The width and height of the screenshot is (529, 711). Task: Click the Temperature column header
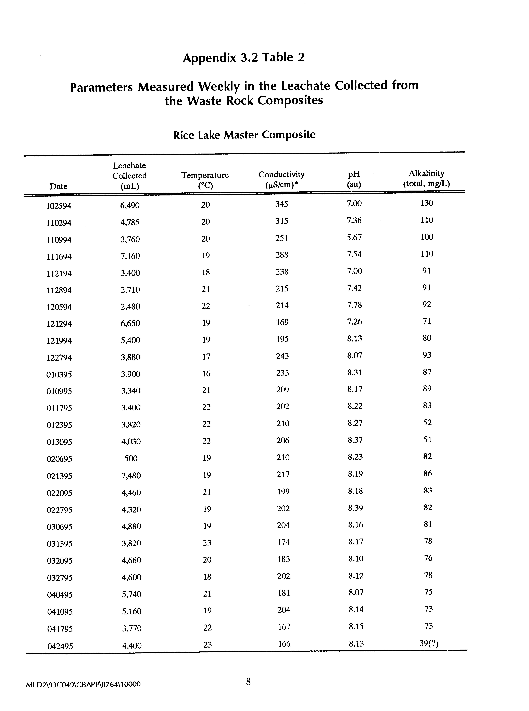tap(205, 180)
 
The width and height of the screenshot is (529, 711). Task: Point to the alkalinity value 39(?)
tap(428, 643)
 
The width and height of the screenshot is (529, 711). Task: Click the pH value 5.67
tap(354, 238)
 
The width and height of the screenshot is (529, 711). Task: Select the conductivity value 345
tap(281, 204)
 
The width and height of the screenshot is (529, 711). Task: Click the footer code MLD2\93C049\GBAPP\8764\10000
tap(83, 684)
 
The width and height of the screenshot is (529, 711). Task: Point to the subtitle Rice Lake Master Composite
tap(244, 135)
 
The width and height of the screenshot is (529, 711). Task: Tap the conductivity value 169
tap(282, 322)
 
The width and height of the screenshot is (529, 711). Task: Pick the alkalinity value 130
tap(427, 203)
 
